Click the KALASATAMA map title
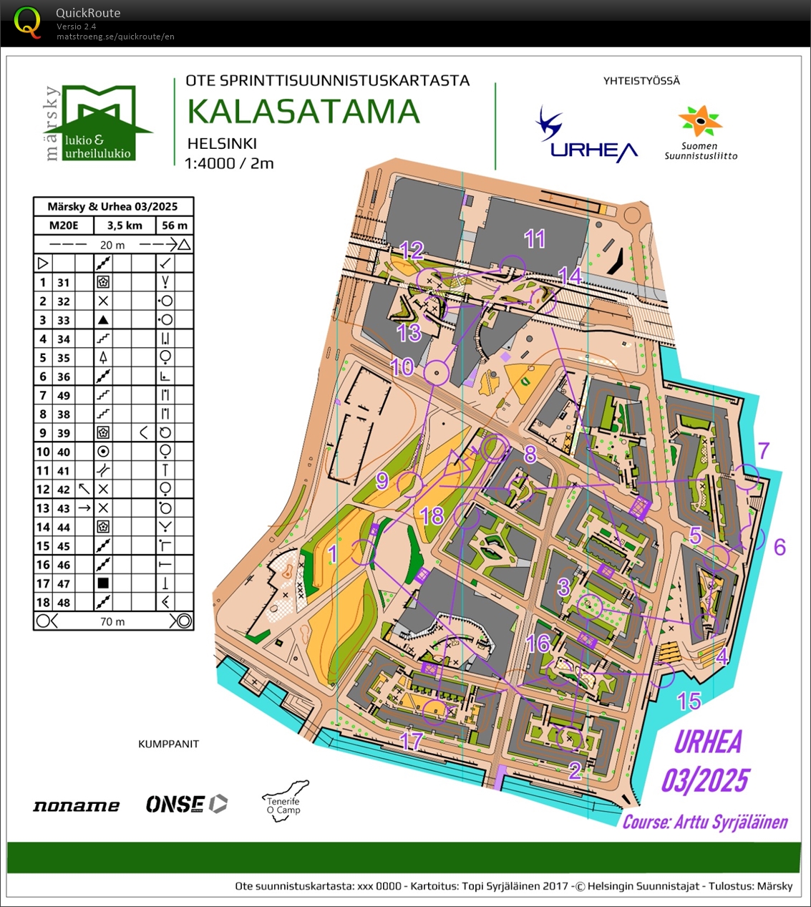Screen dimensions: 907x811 (x=303, y=112)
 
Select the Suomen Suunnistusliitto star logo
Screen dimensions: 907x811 (x=701, y=122)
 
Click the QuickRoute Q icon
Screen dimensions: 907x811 (x=27, y=21)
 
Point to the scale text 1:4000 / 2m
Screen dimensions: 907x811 (x=229, y=163)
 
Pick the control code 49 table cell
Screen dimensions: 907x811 (x=64, y=395)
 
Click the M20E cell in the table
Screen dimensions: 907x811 (x=64, y=225)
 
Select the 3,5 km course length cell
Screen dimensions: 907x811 (x=125, y=225)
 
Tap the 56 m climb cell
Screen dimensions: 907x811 (x=175, y=225)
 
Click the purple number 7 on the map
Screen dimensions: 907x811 (x=764, y=451)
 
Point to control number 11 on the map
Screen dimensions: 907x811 (x=535, y=239)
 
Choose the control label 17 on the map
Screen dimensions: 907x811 (x=411, y=741)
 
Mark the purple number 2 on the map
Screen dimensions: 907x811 (x=575, y=771)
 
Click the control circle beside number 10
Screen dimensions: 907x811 (x=436, y=372)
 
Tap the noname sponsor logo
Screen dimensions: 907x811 (x=76, y=806)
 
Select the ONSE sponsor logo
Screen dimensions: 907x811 (x=186, y=805)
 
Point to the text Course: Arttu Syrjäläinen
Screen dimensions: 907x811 (x=704, y=822)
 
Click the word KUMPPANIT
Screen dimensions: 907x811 (x=168, y=744)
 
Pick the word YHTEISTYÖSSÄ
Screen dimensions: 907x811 (x=641, y=81)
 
